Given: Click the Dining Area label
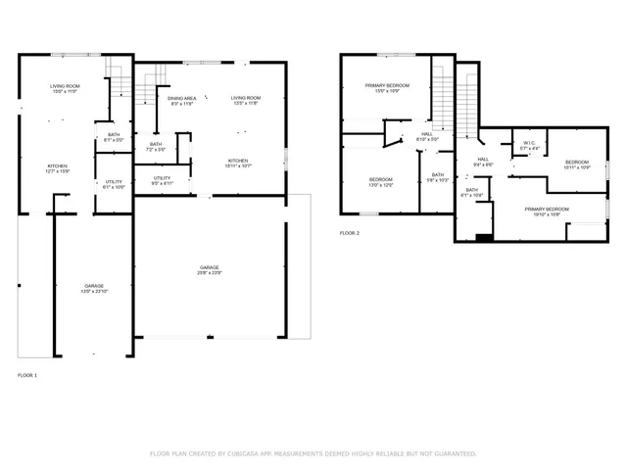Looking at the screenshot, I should point(181,101).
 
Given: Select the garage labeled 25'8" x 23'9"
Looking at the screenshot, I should point(210,269).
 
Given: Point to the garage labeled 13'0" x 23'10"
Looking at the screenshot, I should point(93,288).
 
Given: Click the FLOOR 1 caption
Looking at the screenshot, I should point(27,376).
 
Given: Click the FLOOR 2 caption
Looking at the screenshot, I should point(350,233).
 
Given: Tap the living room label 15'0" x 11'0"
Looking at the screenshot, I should point(65,89).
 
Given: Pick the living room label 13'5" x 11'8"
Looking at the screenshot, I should point(245,101).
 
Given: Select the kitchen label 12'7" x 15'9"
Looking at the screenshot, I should point(58,169).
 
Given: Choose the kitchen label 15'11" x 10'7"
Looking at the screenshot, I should point(238,164).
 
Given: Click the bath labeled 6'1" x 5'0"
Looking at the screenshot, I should point(114,138).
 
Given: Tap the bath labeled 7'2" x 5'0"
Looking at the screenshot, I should point(156,147).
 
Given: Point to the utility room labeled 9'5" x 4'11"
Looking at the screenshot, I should point(163,179).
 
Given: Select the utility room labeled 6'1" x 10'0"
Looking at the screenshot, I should point(114,184).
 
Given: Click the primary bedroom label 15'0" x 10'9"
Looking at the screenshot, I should point(387,89).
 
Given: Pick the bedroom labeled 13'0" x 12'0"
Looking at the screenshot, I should point(380,182).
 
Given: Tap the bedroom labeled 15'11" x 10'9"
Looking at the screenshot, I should point(576,164).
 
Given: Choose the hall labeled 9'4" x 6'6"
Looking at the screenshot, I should point(484,161).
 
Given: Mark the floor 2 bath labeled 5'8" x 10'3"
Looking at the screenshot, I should point(437,177).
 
